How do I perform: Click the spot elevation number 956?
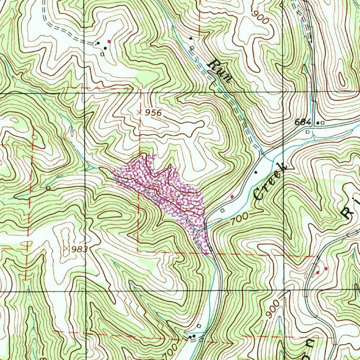point(154,113)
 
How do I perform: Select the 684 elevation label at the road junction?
point(303,122)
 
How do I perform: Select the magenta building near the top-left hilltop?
point(109,41)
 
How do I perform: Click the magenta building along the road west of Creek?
point(232,197)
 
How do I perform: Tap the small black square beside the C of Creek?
point(256,172)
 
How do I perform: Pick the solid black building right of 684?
point(318,123)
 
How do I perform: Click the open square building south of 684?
point(308,131)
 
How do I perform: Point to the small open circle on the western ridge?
point(48,188)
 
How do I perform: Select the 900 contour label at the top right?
point(260,16)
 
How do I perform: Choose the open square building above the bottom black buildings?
point(199,326)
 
